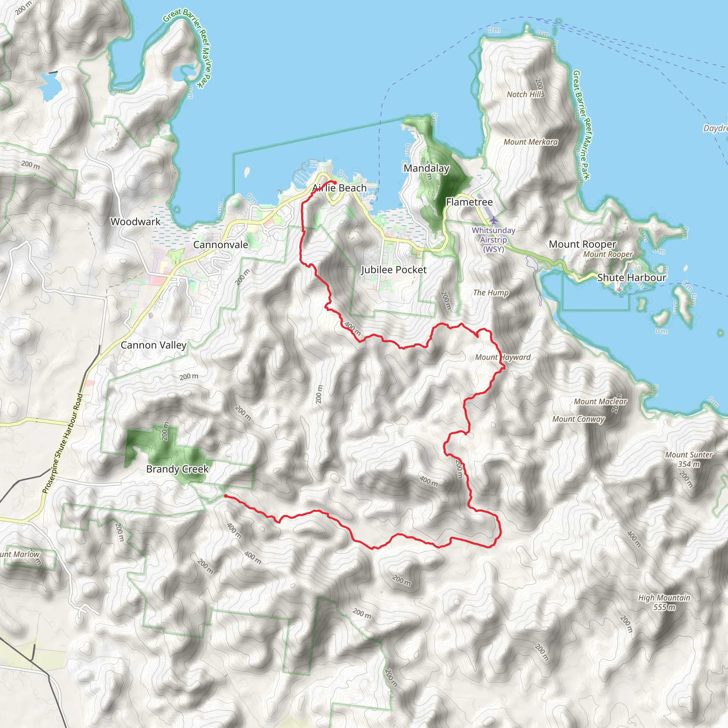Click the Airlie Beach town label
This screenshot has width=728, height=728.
click(339, 188)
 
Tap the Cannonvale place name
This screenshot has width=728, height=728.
click(220, 245)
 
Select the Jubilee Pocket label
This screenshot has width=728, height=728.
click(394, 269)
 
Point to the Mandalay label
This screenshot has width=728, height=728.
click(426, 168)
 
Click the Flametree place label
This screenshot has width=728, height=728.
click(469, 202)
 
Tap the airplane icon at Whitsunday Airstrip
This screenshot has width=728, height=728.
click(494, 220)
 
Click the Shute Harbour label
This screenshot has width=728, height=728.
click(632, 277)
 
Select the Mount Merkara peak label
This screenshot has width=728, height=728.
click(531, 142)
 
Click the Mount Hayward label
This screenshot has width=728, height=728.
click(503, 357)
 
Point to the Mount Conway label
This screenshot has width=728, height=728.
click(578, 419)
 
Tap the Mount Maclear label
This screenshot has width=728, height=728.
click(600, 401)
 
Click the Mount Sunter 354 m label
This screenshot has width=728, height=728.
click(689, 459)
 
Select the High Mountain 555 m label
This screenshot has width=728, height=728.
click(664, 602)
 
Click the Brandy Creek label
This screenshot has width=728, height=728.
click(177, 469)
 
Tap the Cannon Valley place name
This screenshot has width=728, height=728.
click(153, 345)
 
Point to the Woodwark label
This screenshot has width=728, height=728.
click(135, 221)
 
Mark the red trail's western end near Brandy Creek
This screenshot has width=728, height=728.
click(225, 496)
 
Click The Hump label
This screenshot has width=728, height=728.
click(491, 293)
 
